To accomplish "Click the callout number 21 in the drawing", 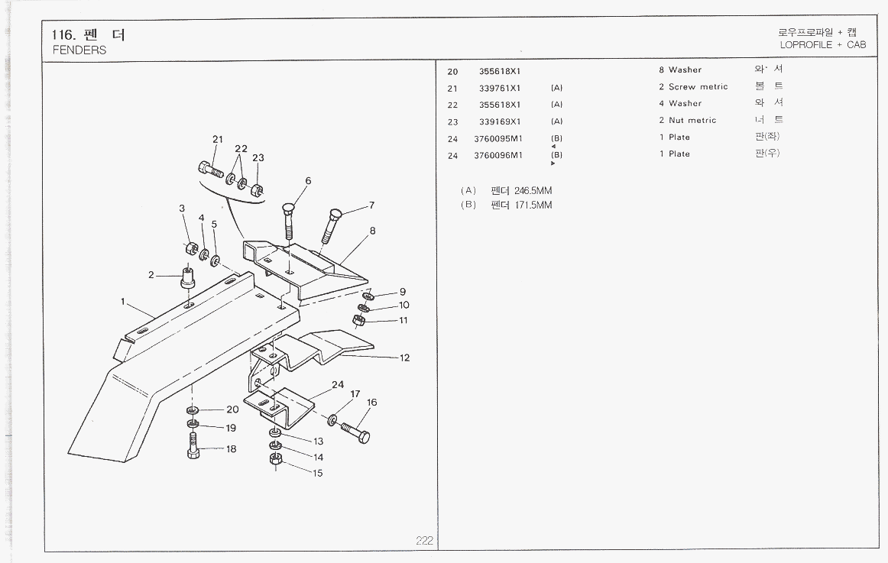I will click(217, 139).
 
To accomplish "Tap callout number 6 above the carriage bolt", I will click(308, 181).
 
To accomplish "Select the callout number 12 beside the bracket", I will click(404, 358).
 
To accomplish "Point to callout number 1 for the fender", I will click(122, 301).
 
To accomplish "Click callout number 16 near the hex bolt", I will click(372, 403).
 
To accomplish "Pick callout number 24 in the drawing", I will click(337, 384).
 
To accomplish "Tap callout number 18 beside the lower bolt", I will click(231, 449).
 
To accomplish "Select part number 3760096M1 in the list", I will click(497, 155).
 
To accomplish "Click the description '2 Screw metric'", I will click(693, 87).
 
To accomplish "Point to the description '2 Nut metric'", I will click(688, 121).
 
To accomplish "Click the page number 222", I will click(425, 541).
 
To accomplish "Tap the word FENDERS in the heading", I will click(79, 50).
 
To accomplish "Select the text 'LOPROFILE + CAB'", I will click(823, 45).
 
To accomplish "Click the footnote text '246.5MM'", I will click(533, 190).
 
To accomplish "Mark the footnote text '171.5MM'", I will click(533, 205).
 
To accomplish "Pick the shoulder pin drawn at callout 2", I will click(187, 277).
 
